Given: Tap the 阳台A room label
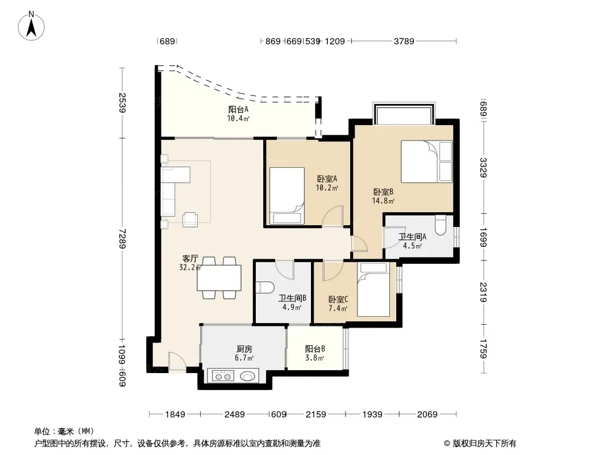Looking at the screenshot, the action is [x=238, y=109].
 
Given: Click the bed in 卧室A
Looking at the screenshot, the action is [x=287, y=196].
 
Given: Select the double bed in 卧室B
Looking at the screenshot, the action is [x=427, y=161].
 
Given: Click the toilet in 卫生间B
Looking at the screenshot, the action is [x=265, y=287].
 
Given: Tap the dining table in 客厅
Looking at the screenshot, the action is [x=219, y=278].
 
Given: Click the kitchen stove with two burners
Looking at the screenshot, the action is [x=224, y=376].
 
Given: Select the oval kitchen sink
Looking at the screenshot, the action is [x=247, y=376].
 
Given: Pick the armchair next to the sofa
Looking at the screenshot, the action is [x=190, y=219].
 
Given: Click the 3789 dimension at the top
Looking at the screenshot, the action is [x=404, y=41].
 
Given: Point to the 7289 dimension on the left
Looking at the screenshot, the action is [x=122, y=238].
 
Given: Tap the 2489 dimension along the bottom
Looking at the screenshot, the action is [x=235, y=415].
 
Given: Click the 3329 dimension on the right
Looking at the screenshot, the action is [x=483, y=167].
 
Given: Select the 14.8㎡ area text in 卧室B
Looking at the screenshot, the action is [x=383, y=201].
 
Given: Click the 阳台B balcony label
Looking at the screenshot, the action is [x=315, y=349].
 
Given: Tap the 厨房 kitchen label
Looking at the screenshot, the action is [x=244, y=349].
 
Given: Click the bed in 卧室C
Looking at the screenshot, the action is [x=373, y=289].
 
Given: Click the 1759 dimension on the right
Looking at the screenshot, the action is [x=483, y=349].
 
